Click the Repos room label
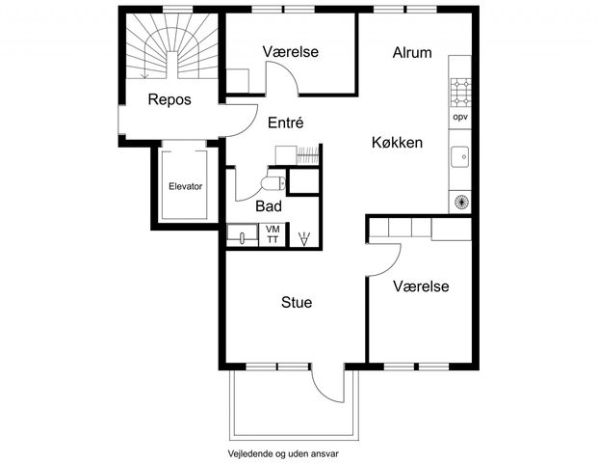[169, 99]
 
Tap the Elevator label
[185, 186]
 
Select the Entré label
[286, 123]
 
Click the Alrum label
[412, 53]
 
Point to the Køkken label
[397, 143]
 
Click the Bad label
[269, 206]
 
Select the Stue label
[297, 302]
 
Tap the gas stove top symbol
[460, 92]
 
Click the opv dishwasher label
[460, 117]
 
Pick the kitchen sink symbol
[460, 156]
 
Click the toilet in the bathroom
[273, 183]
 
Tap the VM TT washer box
[273, 234]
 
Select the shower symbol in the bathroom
[304, 239]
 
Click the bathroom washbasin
[242, 234]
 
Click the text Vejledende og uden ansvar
[283, 453]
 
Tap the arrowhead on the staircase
[144, 75]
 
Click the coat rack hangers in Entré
[308, 155]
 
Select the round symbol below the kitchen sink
[460, 202]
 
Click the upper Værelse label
[291, 52]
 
